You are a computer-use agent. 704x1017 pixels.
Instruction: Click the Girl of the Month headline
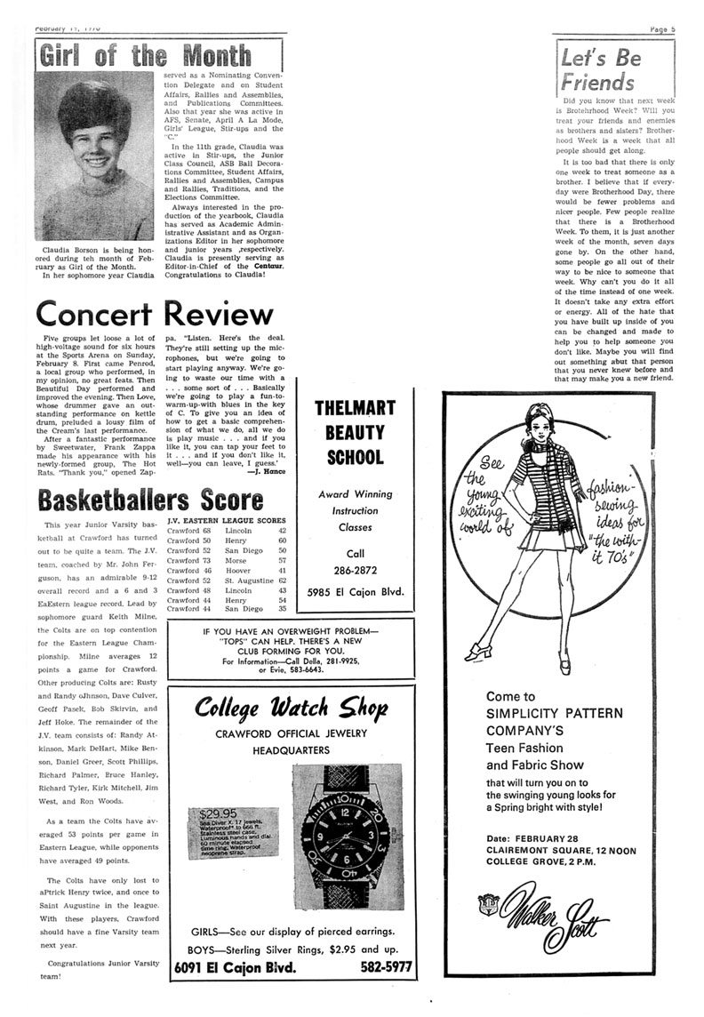145,56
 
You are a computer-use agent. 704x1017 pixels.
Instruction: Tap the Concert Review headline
155,314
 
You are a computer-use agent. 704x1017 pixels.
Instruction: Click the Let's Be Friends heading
598,70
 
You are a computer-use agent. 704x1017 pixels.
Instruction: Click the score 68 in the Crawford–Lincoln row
205,529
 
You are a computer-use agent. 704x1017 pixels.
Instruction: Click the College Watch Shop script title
291,709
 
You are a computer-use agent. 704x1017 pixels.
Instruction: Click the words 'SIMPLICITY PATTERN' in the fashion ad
555,713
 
